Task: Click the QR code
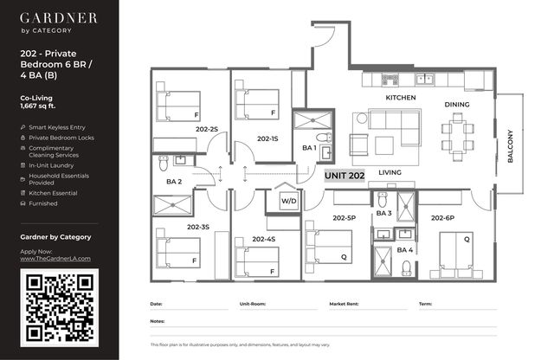coord(60,307)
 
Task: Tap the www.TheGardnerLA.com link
coord(55,259)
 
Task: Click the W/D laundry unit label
coord(288,201)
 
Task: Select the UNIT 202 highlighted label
coord(345,176)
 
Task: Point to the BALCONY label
coord(510,146)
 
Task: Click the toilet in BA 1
coord(324,137)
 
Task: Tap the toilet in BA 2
coord(164,163)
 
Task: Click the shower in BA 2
coord(173,204)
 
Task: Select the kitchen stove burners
coord(390,80)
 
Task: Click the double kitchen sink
coord(425,79)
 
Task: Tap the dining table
coord(458,137)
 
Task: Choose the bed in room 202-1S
coord(257,104)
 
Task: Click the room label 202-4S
coord(263,239)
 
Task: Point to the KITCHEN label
coord(401,98)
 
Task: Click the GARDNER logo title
coord(59,18)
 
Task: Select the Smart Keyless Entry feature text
coord(57,127)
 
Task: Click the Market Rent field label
coord(344,304)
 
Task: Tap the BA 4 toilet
coord(407,267)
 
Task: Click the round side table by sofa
coord(362,118)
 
